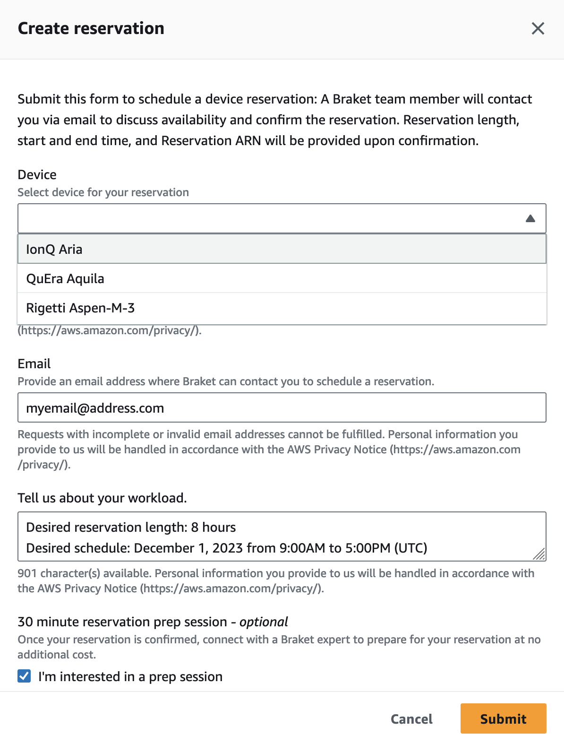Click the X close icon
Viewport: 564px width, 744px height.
click(538, 28)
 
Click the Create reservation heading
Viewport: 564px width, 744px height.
click(91, 28)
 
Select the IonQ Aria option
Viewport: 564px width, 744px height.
click(54, 249)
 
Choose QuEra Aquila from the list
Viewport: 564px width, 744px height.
click(65, 278)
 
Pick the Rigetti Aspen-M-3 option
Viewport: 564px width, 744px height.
click(80, 308)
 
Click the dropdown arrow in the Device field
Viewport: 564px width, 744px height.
click(530, 218)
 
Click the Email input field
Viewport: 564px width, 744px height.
click(282, 407)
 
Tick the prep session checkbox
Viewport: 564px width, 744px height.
click(25, 676)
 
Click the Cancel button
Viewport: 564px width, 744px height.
click(411, 719)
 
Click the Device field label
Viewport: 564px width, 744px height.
click(37, 175)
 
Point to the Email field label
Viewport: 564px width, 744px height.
click(34, 363)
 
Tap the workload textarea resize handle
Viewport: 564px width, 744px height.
click(539, 554)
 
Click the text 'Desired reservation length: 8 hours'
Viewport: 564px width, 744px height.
click(131, 527)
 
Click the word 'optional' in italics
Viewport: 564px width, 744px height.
click(264, 622)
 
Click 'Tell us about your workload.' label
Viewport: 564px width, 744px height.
click(102, 498)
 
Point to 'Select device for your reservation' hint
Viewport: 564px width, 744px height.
click(103, 192)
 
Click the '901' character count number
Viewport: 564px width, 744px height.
click(27, 573)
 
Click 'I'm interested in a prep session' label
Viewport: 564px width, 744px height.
click(130, 676)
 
